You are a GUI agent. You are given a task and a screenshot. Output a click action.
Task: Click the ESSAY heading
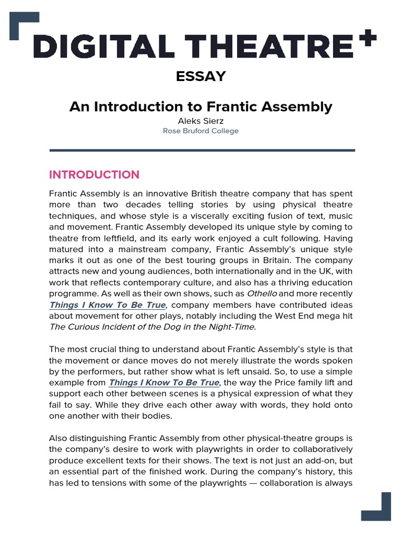point(200,76)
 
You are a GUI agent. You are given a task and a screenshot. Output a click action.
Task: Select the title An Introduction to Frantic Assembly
point(200,107)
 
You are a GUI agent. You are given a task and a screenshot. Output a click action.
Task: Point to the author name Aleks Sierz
point(200,121)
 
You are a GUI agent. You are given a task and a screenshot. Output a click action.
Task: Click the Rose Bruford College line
point(200,131)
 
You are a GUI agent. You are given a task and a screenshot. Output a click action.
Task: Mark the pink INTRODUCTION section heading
point(95,175)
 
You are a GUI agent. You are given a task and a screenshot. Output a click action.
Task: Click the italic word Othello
point(266,294)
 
